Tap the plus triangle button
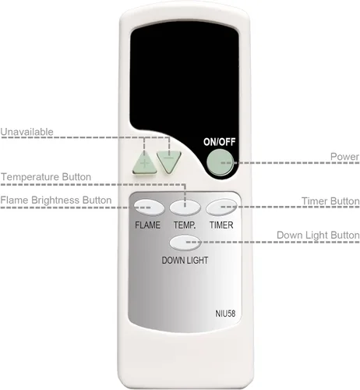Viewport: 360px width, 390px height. (145, 164)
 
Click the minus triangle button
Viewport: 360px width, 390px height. (169, 161)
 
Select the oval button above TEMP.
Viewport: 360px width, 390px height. (185, 207)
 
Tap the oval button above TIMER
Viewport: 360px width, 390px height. (221, 207)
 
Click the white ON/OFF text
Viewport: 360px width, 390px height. (220, 142)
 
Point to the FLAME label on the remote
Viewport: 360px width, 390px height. (147, 225)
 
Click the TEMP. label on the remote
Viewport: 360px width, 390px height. (185, 225)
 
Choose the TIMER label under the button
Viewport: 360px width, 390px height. (221, 225)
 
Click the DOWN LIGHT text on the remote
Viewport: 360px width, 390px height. (185, 261)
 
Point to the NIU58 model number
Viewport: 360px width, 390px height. (225, 314)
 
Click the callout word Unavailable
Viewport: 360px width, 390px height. (26, 132)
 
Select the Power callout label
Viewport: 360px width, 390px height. (344, 157)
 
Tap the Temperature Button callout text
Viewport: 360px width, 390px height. (46, 177)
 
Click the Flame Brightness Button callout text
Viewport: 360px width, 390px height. (56, 200)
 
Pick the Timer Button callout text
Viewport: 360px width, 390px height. (330, 201)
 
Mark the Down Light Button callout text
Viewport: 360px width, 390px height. (318, 236)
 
